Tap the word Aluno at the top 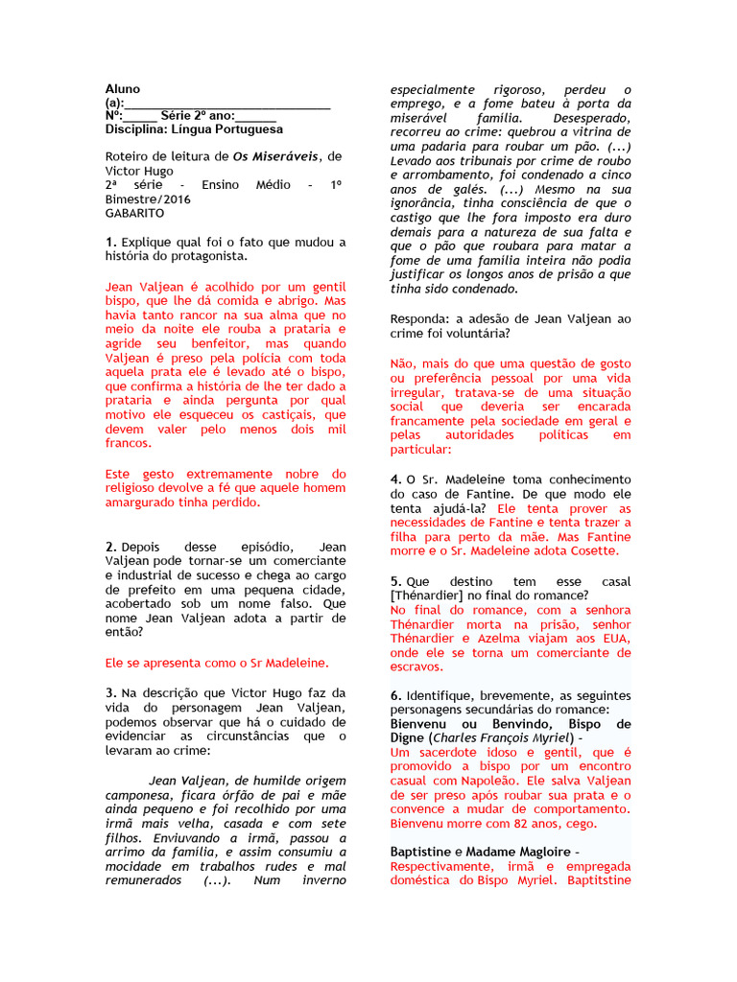pyautogui.click(x=123, y=89)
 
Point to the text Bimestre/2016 pyautogui.click(x=149, y=199)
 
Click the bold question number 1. pyautogui.click(x=111, y=243)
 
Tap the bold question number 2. pyautogui.click(x=111, y=546)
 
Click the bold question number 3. pyautogui.click(x=111, y=693)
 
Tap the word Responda pyautogui.click(x=422, y=318)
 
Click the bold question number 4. pyautogui.click(x=395, y=479)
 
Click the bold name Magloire pyautogui.click(x=545, y=853)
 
